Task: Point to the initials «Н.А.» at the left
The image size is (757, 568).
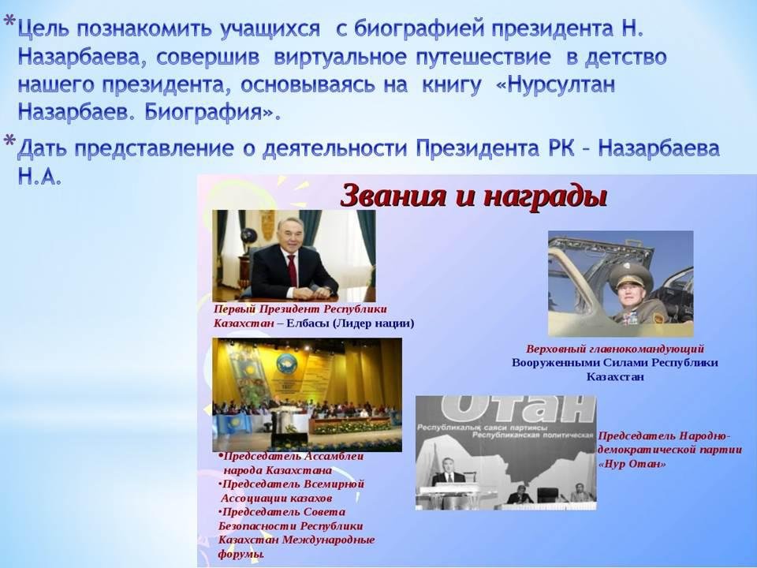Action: [39, 177]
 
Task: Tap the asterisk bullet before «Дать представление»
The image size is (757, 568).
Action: [9, 141]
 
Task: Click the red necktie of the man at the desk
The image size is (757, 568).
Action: [292, 271]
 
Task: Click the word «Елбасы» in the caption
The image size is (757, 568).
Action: [307, 323]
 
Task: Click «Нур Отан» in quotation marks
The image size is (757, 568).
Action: [632, 464]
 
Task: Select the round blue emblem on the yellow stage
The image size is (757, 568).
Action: [287, 363]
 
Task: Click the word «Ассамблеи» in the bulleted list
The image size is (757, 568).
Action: [334, 457]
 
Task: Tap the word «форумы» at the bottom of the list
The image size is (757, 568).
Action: [241, 555]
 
